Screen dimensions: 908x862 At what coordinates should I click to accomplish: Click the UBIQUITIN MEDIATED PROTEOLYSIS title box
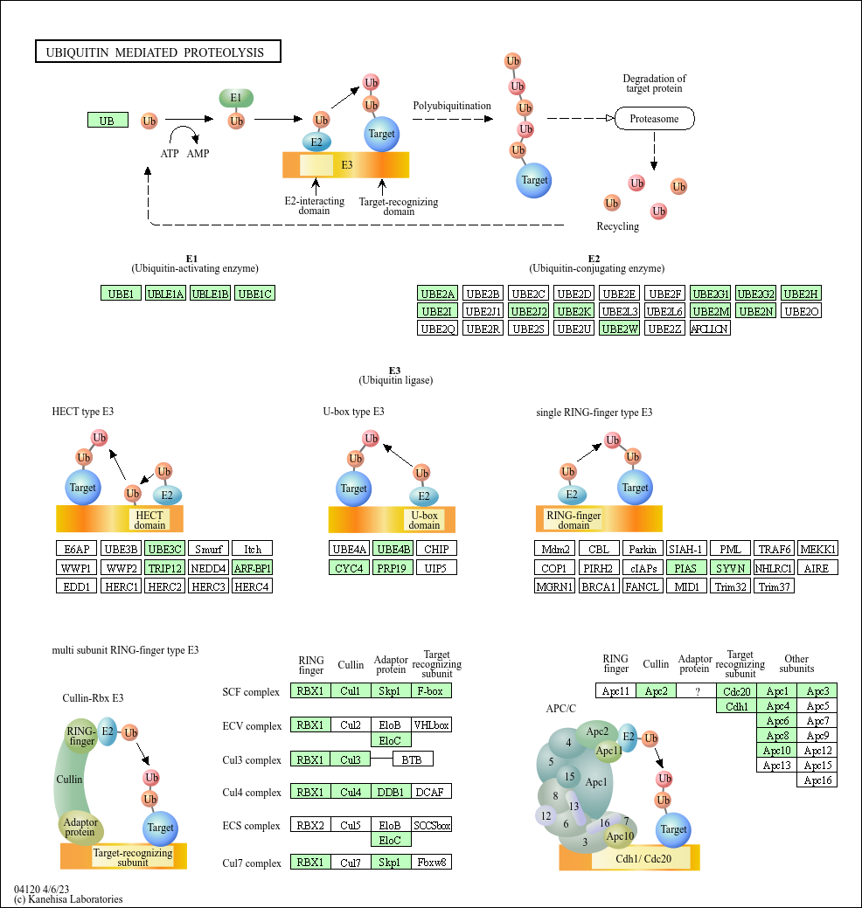(x=157, y=52)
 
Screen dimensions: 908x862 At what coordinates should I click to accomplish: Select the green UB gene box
(x=108, y=121)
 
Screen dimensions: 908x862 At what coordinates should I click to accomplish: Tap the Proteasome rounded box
(x=654, y=119)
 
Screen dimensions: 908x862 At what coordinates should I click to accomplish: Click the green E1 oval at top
(x=235, y=98)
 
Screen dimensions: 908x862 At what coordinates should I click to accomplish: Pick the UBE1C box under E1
(x=255, y=294)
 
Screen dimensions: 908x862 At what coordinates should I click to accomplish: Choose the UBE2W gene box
(x=620, y=329)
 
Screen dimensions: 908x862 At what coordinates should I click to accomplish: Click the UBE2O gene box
(x=802, y=311)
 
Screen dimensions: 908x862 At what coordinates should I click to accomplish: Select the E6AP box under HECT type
(x=77, y=550)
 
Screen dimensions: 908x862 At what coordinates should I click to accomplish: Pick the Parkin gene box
(x=643, y=550)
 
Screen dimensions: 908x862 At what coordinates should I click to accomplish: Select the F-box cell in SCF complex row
(x=432, y=691)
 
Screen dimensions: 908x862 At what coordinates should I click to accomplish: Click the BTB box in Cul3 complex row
(x=412, y=759)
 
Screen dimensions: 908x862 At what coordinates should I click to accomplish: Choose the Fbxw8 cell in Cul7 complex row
(x=432, y=863)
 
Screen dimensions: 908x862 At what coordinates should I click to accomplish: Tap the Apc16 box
(x=817, y=780)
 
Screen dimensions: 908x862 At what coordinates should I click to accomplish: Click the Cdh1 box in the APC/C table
(x=736, y=706)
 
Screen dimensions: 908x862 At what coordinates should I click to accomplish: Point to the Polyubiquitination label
(x=452, y=106)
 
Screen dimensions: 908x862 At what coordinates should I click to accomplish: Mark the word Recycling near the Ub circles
(x=618, y=226)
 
